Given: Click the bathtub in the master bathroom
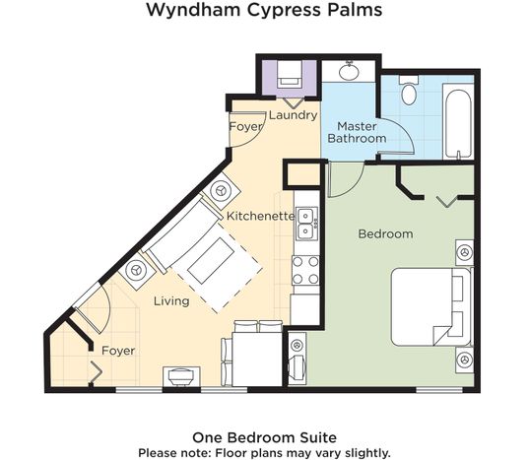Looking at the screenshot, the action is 458,121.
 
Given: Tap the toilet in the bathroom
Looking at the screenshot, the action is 409,90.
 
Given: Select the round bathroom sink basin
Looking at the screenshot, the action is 349,71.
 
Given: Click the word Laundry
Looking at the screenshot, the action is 293,115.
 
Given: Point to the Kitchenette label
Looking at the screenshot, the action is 260,216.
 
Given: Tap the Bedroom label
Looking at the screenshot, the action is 385,233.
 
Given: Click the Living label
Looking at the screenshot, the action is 171,300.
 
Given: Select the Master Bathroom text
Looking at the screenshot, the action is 357,132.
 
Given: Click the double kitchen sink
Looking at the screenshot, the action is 306,224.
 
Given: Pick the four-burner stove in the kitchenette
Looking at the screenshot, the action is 305,271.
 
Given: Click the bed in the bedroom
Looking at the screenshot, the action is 431,307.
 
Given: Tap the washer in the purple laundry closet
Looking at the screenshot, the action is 290,75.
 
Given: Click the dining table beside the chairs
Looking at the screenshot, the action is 257,359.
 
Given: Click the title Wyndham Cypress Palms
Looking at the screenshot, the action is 264,10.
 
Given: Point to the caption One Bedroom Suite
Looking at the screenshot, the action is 264,437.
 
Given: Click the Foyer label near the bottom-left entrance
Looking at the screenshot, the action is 118,351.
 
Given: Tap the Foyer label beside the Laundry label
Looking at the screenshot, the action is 245,127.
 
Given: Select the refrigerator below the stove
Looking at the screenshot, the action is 305,309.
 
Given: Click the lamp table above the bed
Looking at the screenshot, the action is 465,252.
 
